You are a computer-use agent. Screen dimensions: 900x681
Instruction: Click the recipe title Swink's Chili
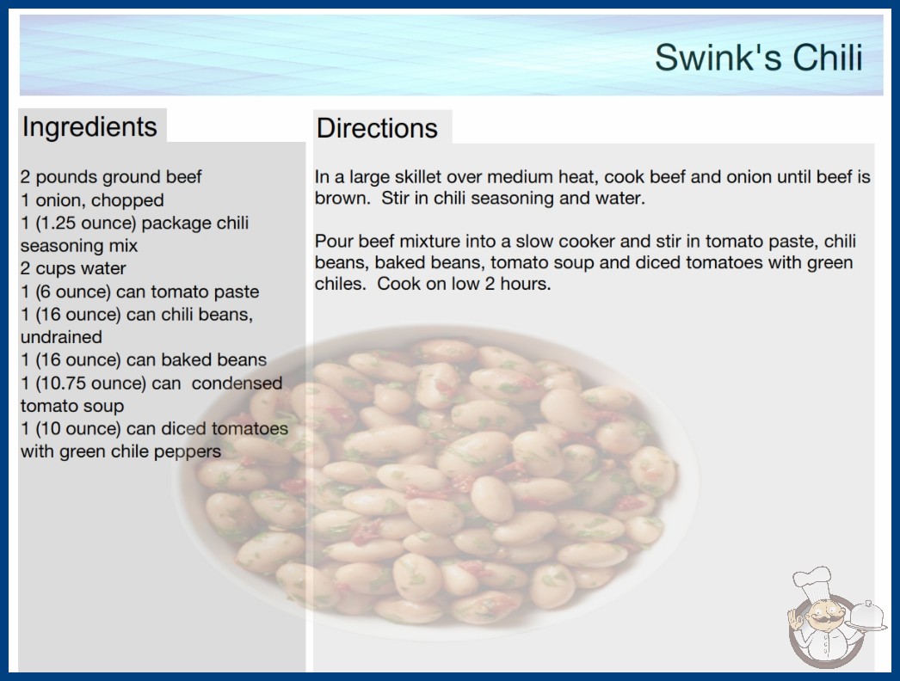point(759,58)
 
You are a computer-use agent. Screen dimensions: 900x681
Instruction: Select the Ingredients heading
point(89,127)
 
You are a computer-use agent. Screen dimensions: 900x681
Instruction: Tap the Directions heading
point(377,128)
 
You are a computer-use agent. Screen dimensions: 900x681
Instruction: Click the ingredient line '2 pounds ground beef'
point(111,177)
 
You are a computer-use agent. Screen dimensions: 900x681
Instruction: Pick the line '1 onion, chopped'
point(92,200)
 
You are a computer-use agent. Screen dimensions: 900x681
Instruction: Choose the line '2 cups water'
point(73,268)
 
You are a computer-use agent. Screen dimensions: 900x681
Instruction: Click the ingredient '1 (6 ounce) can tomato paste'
point(139,291)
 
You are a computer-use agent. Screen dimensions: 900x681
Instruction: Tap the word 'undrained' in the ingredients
point(61,337)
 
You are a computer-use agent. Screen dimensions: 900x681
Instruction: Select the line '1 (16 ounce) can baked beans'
point(144,359)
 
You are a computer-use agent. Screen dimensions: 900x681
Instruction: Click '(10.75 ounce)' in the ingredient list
point(91,383)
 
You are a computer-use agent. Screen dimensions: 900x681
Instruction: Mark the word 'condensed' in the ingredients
point(237,383)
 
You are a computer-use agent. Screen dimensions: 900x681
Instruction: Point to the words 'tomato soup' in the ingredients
point(72,406)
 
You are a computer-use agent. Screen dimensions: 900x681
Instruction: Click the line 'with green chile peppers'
point(120,451)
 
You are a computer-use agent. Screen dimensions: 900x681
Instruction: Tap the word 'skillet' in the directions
point(410,177)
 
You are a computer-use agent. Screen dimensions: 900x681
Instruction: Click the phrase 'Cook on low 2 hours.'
point(464,284)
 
